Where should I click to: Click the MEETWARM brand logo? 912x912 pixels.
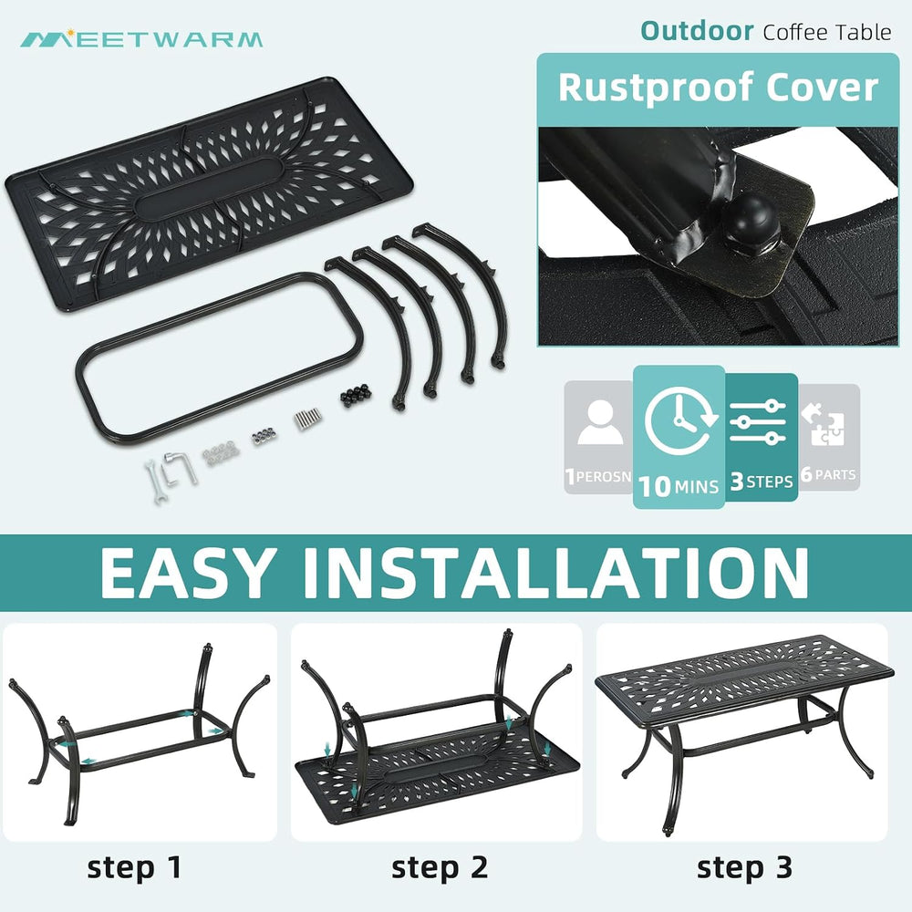(141, 39)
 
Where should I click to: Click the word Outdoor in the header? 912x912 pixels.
(697, 31)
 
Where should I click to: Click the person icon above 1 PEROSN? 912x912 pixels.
(600, 422)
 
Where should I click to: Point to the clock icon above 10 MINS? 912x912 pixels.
(680, 420)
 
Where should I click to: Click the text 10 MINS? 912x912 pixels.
(679, 486)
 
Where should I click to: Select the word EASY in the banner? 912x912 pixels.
(188, 573)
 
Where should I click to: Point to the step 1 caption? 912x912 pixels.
(134, 868)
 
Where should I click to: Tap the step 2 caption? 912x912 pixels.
(440, 868)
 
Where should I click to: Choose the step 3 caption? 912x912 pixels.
(744, 868)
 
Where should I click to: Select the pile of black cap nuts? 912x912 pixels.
(355, 395)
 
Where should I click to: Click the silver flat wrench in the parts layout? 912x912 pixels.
(156, 481)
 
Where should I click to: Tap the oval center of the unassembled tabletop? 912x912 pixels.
(210, 189)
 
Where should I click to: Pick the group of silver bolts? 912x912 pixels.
(307, 419)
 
